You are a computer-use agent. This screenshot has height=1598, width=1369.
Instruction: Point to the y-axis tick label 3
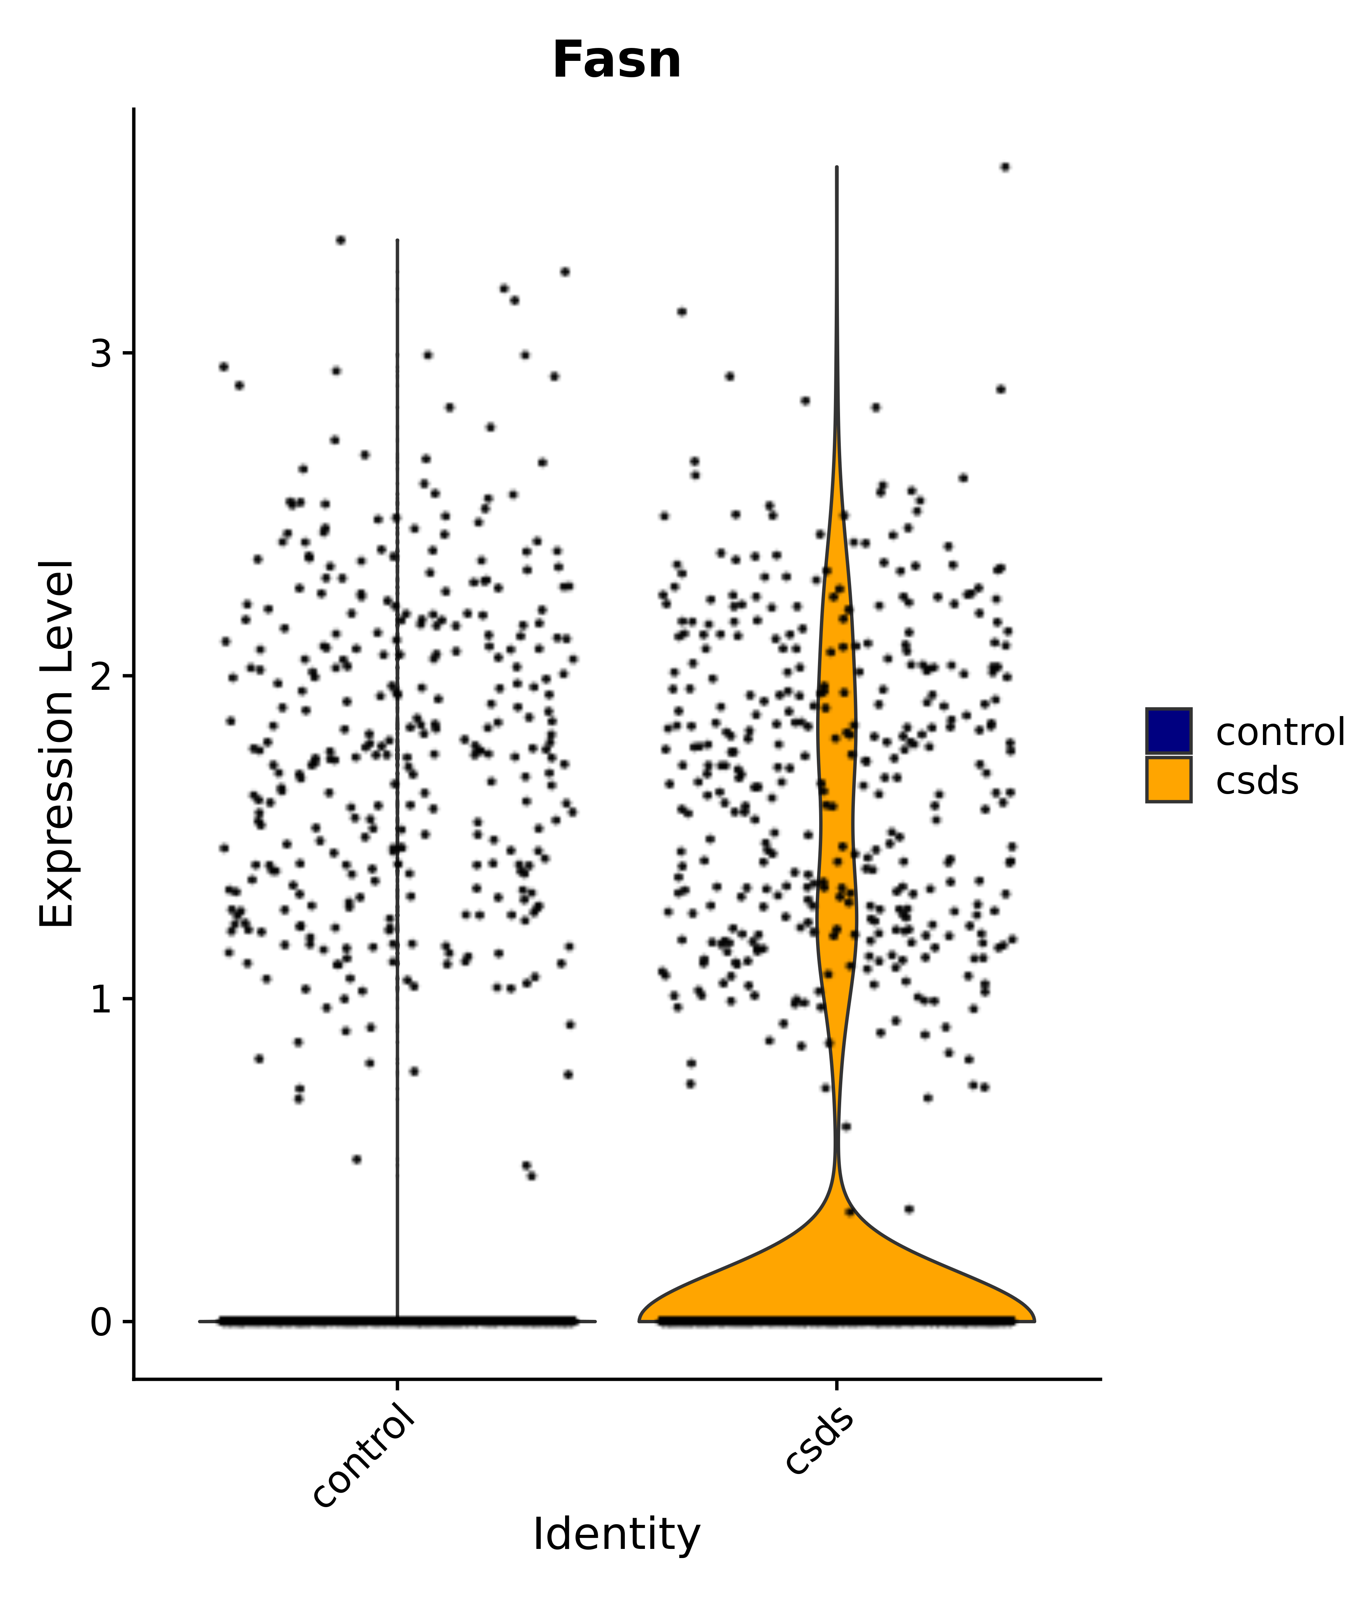coord(101,354)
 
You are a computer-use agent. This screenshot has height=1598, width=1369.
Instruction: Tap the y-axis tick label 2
coord(101,676)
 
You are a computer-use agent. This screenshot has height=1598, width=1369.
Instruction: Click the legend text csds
coord(1257,781)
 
